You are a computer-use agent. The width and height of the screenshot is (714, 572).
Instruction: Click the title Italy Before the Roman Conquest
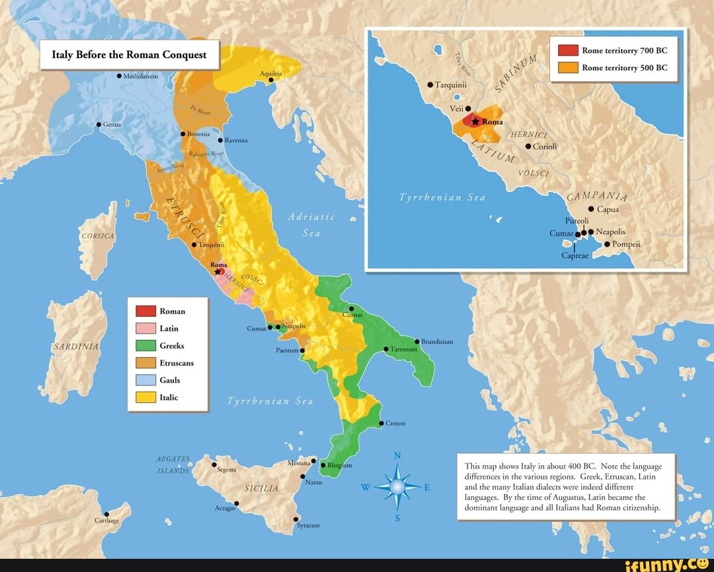[129, 55]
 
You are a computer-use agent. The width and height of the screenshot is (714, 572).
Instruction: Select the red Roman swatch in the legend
[145, 311]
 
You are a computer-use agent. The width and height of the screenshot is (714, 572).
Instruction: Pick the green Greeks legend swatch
[145, 345]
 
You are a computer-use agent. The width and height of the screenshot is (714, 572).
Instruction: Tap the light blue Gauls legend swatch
[145, 380]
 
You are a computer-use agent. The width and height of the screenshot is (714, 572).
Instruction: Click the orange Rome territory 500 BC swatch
[569, 67]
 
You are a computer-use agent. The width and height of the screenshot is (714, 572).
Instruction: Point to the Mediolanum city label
[140, 76]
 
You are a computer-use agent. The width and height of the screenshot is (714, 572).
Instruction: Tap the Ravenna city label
[236, 140]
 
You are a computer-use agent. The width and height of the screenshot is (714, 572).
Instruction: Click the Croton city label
[395, 423]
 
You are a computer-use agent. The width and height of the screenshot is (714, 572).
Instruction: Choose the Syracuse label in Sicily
[309, 525]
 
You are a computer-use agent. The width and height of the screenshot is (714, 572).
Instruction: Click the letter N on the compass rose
[397, 455]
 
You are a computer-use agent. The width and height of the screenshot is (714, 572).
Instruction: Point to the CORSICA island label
[97, 236]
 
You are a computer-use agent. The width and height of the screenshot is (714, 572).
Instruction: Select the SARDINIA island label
[76, 347]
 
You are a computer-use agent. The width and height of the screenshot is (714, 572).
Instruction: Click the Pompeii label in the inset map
[626, 243]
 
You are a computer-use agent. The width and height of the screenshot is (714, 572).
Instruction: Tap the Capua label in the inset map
[608, 209]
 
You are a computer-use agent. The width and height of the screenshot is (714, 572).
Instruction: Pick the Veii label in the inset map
[456, 108]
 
